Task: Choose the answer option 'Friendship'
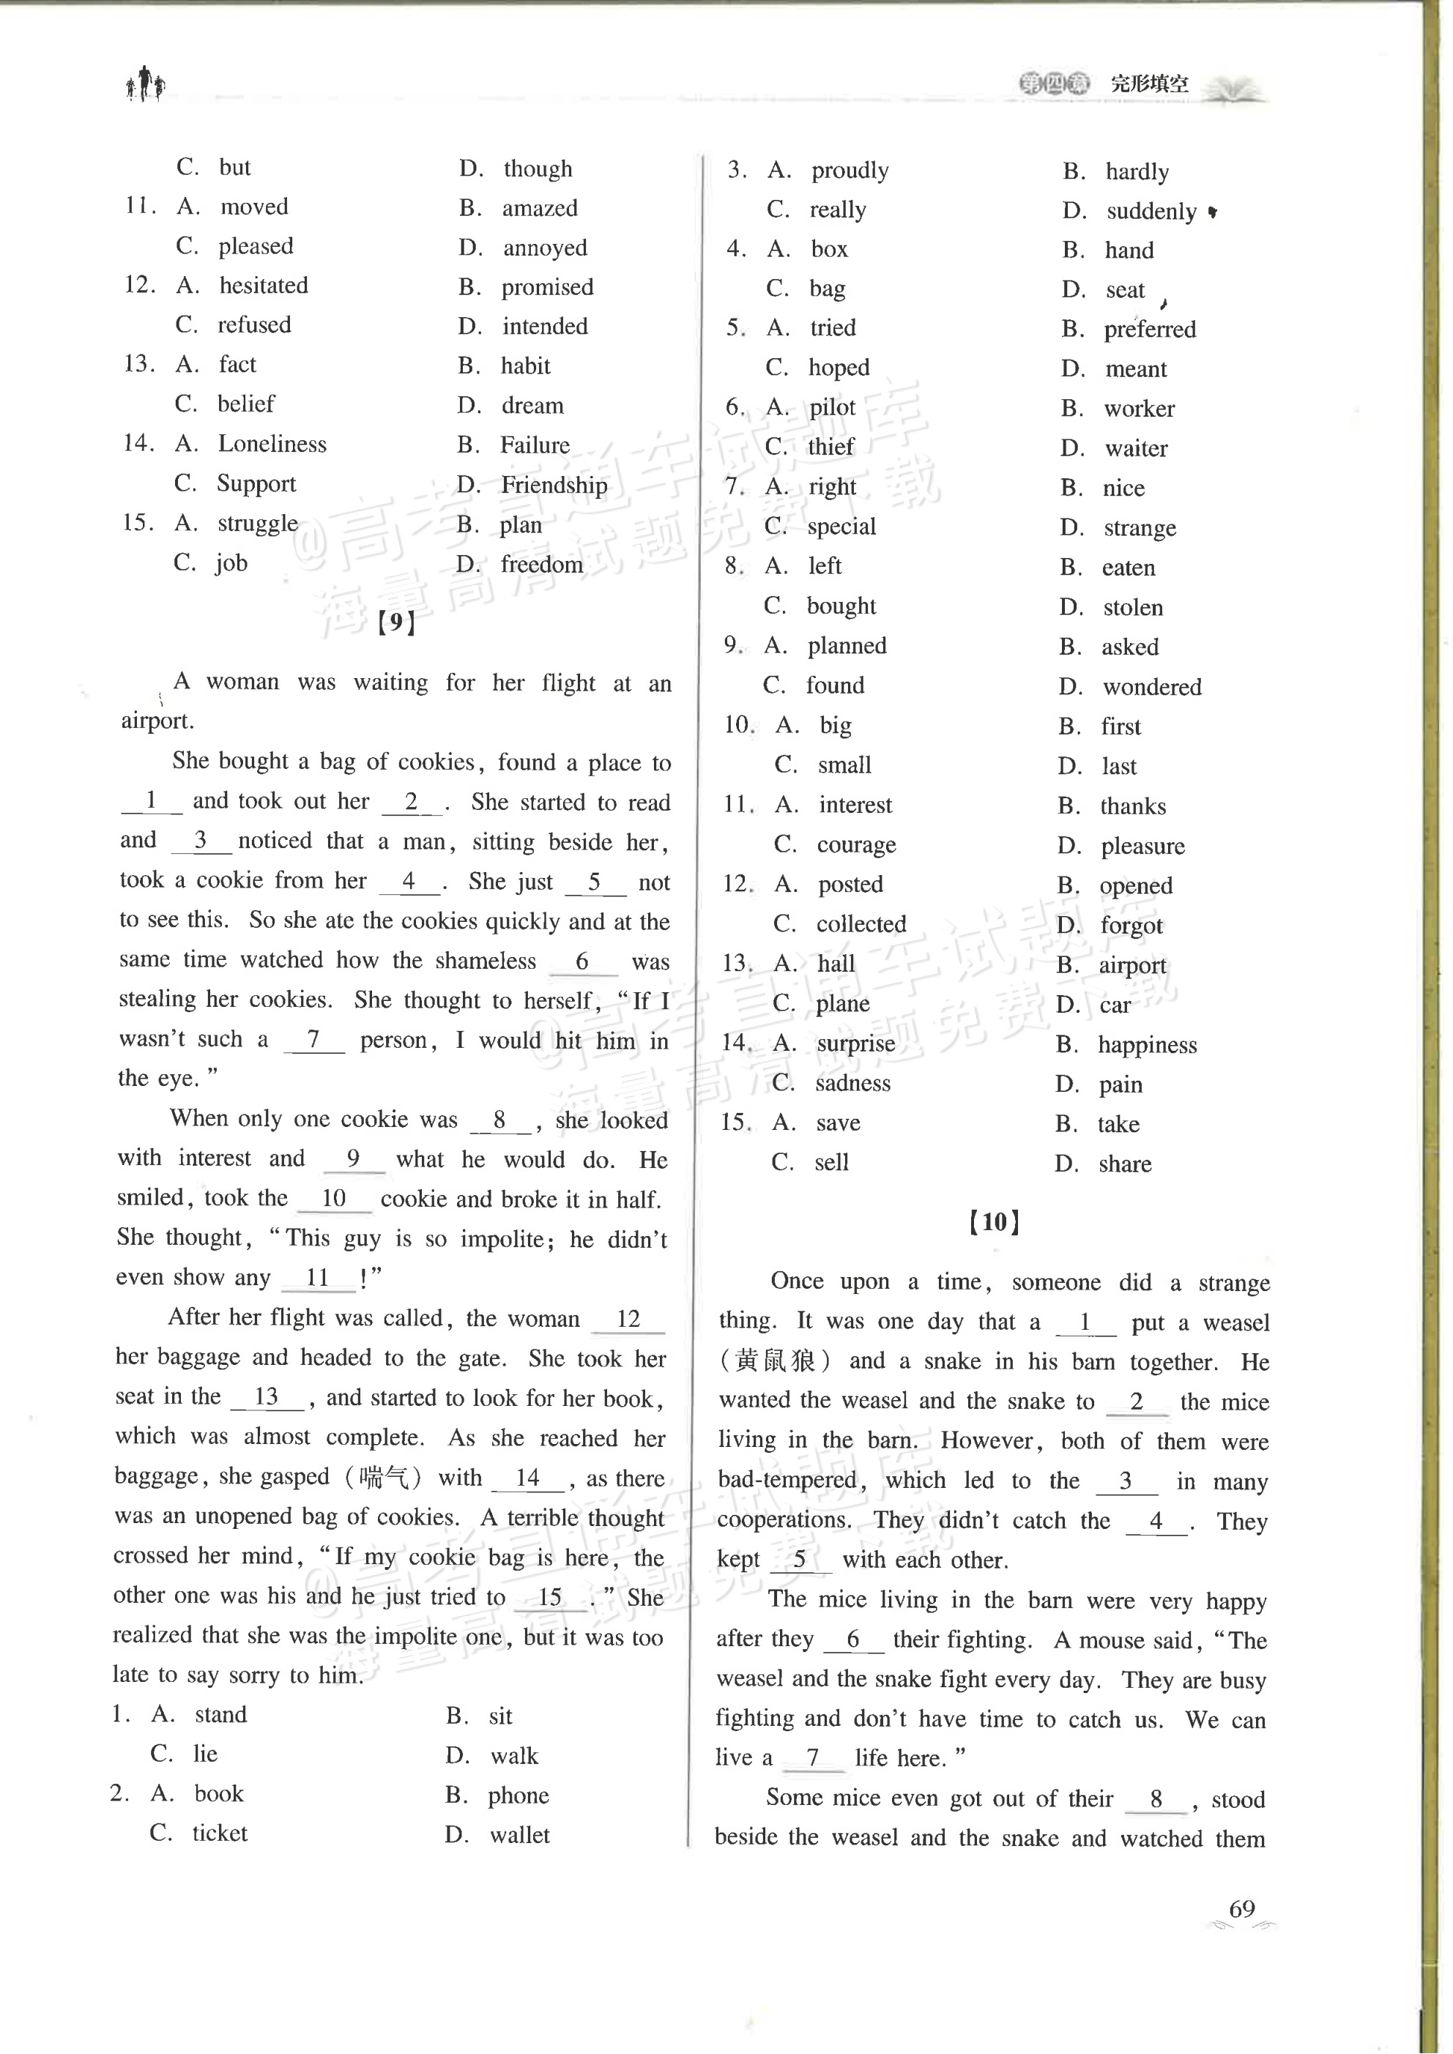pyautogui.click(x=553, y=485)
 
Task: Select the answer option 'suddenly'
pyautogui.click(x=1151, y=211)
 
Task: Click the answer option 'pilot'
pyautogui.click(x=832, y=407)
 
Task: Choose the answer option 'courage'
pyautogui.click(x=855, y=844)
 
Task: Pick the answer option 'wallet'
pyautogui.click(x=519, y=1835)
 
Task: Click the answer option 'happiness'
pyautogui.click(x=1147, y=1045)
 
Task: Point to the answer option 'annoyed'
pyautogui.click(x=544, y=248)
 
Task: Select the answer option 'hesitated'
pyautogui.click(x=263, y=286)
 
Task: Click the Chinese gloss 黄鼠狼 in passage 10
pyautogui.click(x=775, y=1361)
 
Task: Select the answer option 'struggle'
pyautogui.click(x=258, y=524)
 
